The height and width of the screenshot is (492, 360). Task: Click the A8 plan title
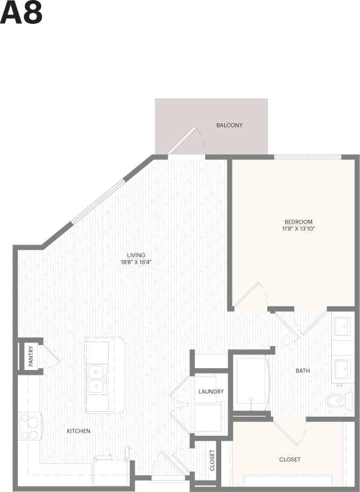(x=21, y=13)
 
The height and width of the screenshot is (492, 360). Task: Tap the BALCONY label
(x=229, y=126)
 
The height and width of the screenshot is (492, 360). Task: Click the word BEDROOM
(x=298, y=222)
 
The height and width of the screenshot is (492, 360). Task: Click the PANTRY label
(x=30, y=357)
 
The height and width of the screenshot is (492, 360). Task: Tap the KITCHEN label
(x=78, y=431)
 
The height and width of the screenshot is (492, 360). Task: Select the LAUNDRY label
(x=211, y=392)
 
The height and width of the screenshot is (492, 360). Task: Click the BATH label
(x=303, y=371)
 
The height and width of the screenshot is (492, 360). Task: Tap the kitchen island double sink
(x=96, y=380)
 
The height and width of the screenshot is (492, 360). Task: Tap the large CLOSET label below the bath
(x=289, y=460)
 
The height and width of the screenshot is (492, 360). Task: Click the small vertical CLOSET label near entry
(x=212, y=460)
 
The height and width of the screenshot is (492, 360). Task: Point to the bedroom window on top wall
(x=307, y=157)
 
